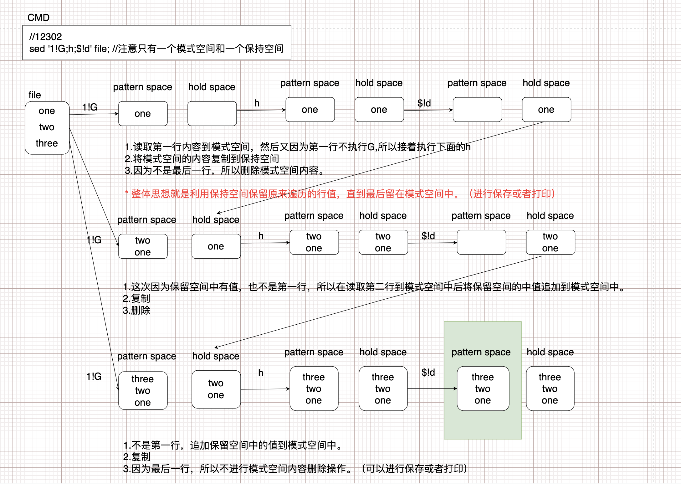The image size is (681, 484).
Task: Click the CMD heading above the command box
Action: click(38, 18)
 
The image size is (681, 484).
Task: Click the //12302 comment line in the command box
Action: click(46, 37)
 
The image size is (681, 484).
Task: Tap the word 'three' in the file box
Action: click(47, 143)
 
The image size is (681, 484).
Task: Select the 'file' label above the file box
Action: click(35, 95)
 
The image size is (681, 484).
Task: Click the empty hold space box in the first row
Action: click(212, 114)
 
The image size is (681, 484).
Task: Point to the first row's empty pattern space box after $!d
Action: click(477, 110)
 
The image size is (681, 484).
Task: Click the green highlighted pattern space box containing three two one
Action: click(483, 389)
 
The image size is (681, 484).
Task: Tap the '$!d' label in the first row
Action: click(424, 103)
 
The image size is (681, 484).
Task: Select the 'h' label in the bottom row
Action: click(261, 373)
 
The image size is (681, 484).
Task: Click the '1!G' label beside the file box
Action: click(90, 107)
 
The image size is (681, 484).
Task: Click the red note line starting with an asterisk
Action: click(340, 194)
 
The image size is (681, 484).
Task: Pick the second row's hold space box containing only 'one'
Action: click(216, 246)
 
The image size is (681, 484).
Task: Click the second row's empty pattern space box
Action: click(481, 242)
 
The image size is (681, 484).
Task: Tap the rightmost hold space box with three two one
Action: click(550, 389)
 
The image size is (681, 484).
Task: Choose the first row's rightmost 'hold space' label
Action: click(546, 83)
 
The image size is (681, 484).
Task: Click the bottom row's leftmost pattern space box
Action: click(143, 390)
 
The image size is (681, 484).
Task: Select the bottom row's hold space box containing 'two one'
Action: click(216, 389)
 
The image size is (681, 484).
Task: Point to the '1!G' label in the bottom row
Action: click(94, 376)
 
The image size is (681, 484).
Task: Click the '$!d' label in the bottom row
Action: click(428, 372)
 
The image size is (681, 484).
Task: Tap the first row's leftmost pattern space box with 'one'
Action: click(143, 114)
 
